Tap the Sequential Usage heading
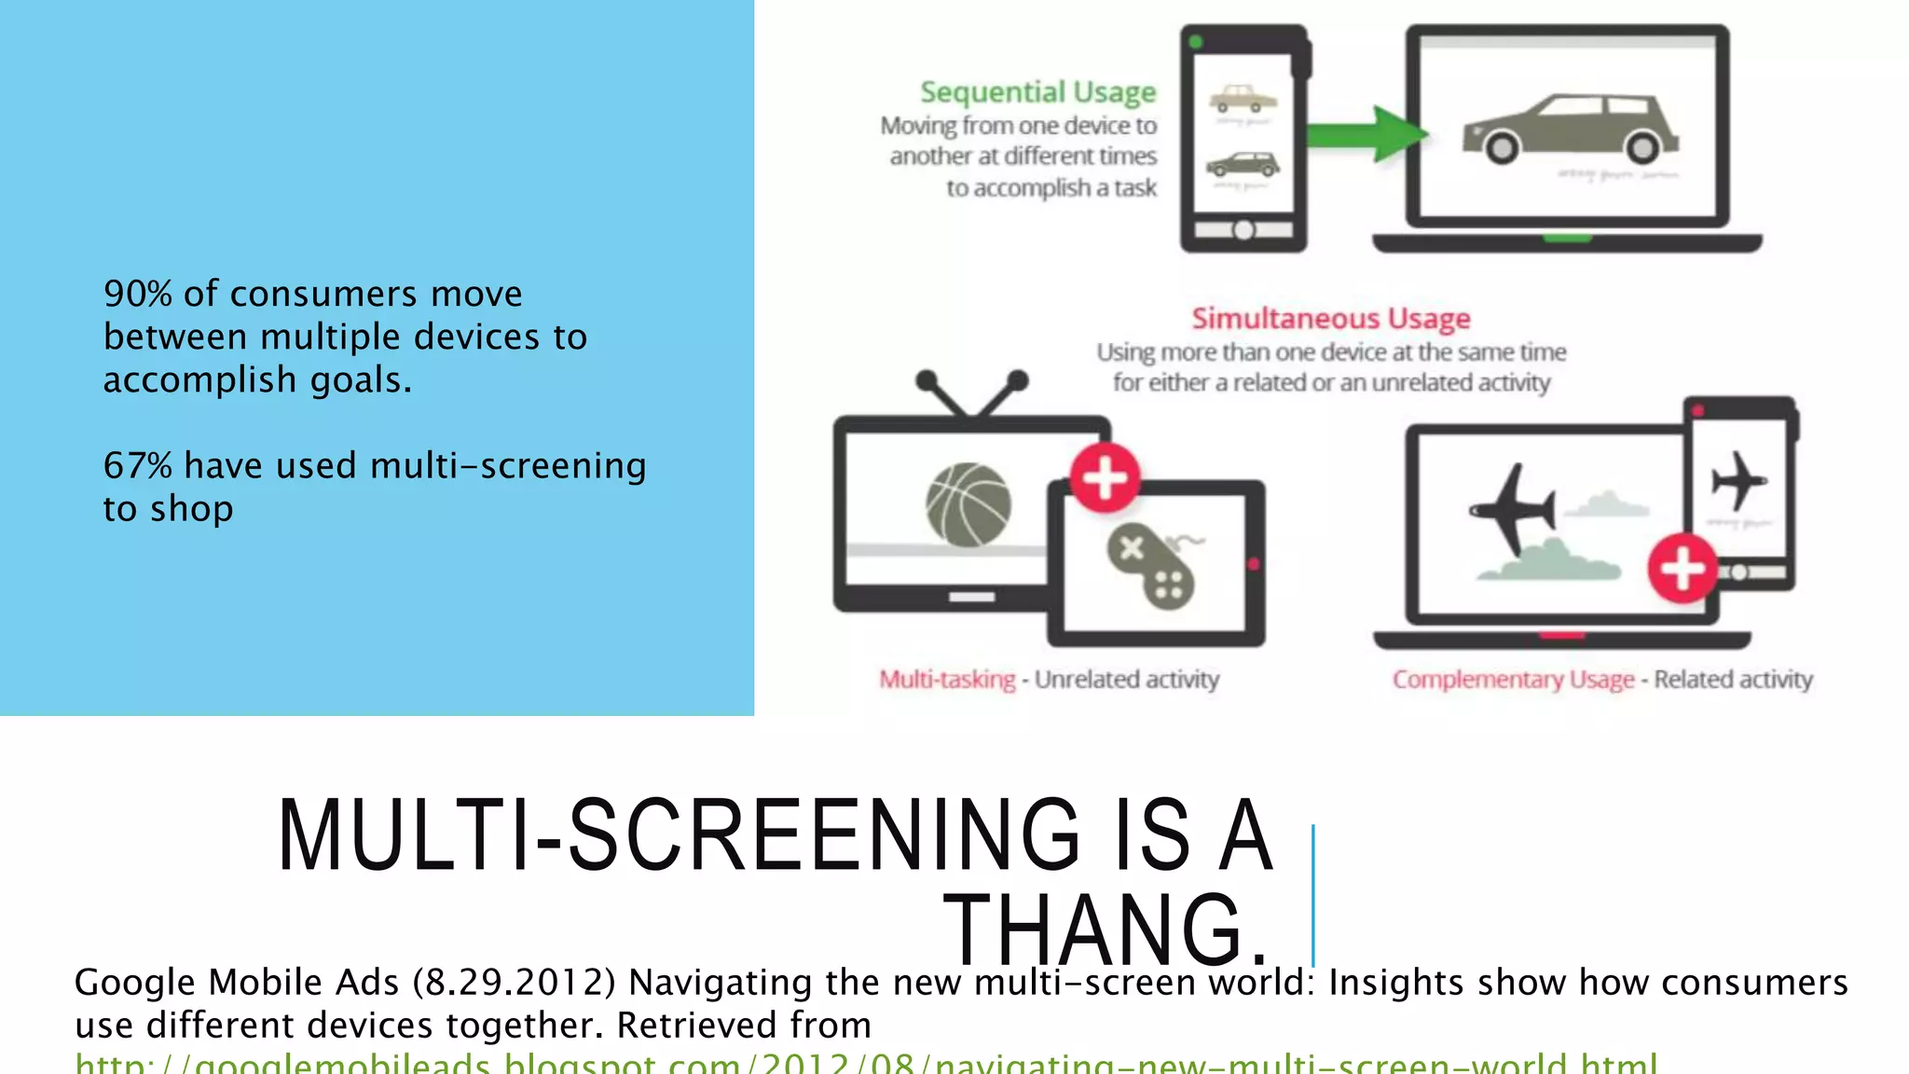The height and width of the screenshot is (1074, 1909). click(1037, 92)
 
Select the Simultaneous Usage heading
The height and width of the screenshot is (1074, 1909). click(1330, 319)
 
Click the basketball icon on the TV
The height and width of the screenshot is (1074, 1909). click(968, 504)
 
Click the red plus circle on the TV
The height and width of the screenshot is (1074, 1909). click(1105, 478)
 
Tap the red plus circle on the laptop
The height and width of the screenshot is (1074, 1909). click(1682, 568)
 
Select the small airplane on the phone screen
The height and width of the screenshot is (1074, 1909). click(1737, 481)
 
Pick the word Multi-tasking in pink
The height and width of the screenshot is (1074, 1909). click(947, 680)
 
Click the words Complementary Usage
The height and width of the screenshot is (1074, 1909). click(1513, 680)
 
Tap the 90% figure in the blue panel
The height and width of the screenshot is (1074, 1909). click(138, 295)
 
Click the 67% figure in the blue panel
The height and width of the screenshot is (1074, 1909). click(138, 466)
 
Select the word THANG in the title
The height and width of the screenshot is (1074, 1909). click(1106, 929)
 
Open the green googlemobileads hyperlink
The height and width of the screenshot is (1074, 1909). click(866, 1064)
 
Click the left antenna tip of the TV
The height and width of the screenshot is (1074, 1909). click(927, 379)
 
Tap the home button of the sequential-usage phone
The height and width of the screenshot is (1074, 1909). click(1243, 230)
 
